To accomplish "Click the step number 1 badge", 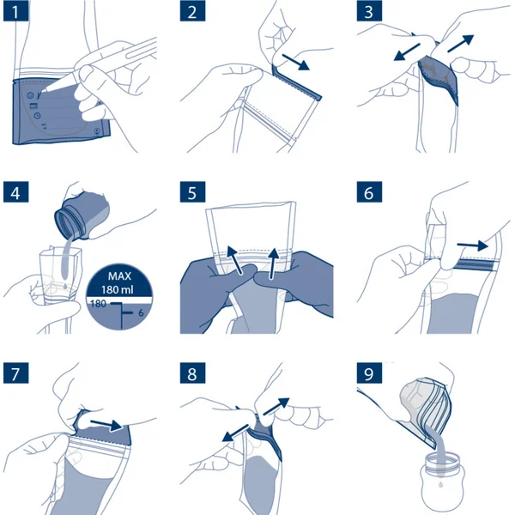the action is pyautogui.click(x=15, y=11).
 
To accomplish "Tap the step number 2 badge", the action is pyautogui.click(x=192, y=11).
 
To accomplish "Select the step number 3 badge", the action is pyautogui.click(x=369, y=11).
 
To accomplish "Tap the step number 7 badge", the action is pyautogui.click(x=15, y=373).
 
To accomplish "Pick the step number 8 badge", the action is pyautogui.click(x=192, y=373).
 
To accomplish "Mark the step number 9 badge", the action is pyautogui.click(x=369, y=373).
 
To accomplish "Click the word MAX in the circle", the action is pyautogui.click(x=119, y=276).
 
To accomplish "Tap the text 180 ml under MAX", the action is pyautogui.click(x=118, y=290).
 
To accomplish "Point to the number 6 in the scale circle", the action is pyautogui.click(x=141, y=312).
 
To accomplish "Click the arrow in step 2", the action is pyautogui.click(x=295, y=63).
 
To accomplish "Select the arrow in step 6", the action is pyautogui.click(x=472, y=245).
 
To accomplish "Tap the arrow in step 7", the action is pyautogui.click(x=106, y=426).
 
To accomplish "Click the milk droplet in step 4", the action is pyautogui.click(x=66, y=287).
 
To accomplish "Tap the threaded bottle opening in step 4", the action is pyautogui.click(x=67, y=225).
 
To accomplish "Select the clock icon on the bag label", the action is pyautogui.click(x=38, y=116).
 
